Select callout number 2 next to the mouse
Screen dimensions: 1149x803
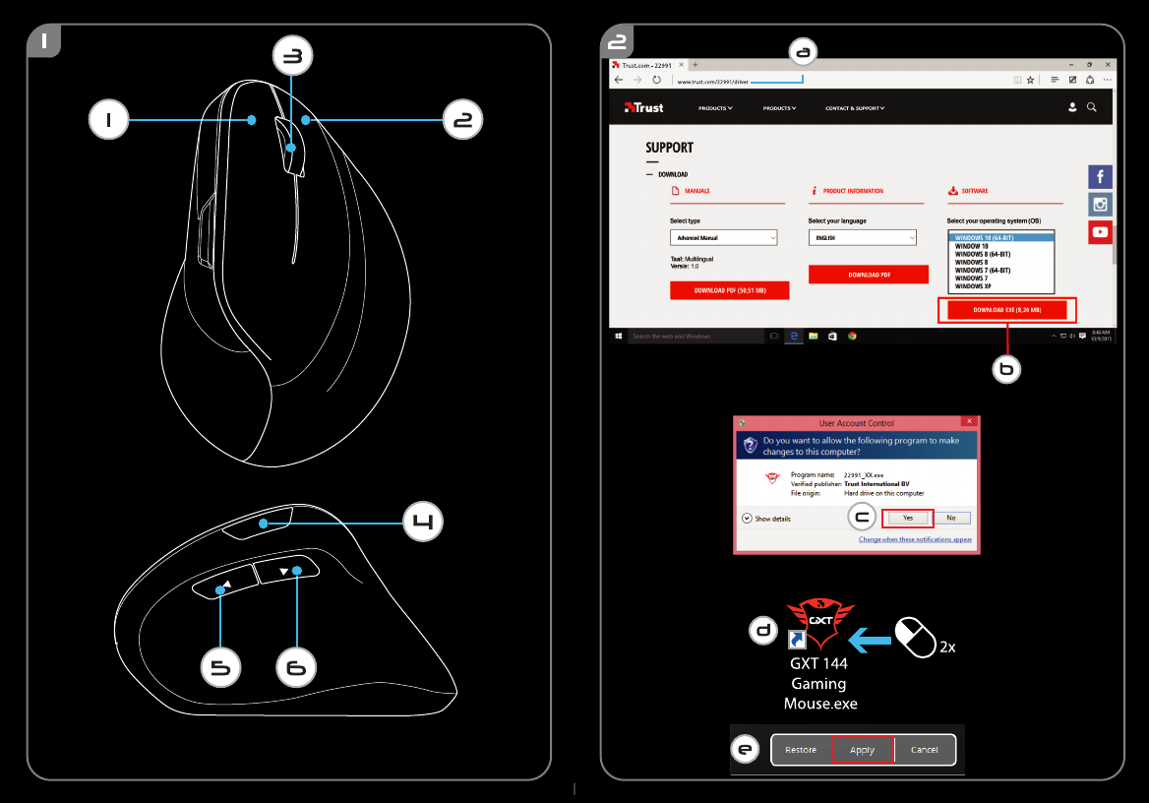click(x=462, y=120)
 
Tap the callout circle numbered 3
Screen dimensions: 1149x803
click(x=291, y=58)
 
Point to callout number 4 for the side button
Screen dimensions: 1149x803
click(x=423, y=523)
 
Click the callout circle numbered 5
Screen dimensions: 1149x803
click(x=220, y=669)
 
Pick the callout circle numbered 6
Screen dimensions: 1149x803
click(x=296, y=669)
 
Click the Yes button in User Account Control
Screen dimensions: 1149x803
click(x=907, y=518)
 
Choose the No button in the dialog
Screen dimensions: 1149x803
click(x=951, y=518)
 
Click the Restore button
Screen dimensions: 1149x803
click(x=801, y=750)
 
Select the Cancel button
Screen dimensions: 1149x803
click(x=924, y=750)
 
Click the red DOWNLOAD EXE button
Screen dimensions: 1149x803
click(x=1006, y=310)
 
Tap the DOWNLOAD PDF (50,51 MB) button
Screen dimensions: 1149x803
click(x=729, y=291)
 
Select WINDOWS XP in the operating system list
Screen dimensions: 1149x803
click(x=973, y=286)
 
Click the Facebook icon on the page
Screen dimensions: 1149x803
click(x=1100, y=177)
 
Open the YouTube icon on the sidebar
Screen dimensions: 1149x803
click(x=1100, y=233)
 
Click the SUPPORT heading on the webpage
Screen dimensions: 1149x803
click(x=669, y=148)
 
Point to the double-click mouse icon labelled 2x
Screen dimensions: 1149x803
click(x=916, y=639)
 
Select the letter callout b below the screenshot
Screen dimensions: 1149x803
click(x=1005, y=370)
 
